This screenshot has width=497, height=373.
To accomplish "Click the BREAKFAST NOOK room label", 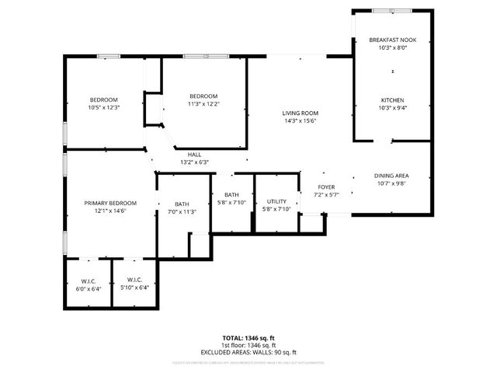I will [x=392, y=40].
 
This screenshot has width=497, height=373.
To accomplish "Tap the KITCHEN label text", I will [x=392, y=99].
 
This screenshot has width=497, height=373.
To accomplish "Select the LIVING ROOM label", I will [x=300, y=113].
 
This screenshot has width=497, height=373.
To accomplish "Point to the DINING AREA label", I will [x=392, y=176].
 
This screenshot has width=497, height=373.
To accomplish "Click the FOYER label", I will [x=325, y=187].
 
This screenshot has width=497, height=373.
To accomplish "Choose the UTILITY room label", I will [x=276, y=201].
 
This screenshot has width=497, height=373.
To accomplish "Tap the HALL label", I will [x=194, y=155].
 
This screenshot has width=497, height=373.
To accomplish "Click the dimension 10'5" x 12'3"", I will [x=103, y=107].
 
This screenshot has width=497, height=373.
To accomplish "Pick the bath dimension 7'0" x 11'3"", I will [x=182, y=211].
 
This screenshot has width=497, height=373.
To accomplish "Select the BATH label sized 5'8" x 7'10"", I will [x=231, y=195].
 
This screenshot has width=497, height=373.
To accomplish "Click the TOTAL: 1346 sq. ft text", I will [x=248, y=339].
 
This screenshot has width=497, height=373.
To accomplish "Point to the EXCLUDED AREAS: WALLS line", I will [x=248, y=352].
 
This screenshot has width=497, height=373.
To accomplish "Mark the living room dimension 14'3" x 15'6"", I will [x=300, y=121].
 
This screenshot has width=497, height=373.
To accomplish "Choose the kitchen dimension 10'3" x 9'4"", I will [x=392, y=107].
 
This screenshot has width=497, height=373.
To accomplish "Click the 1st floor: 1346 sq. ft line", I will [x=248, y=346].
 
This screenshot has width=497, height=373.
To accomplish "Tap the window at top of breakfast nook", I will [x=392, y=11].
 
